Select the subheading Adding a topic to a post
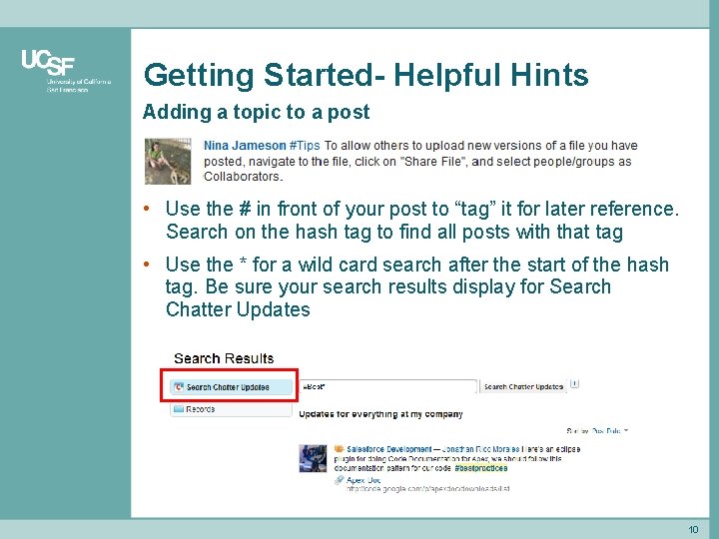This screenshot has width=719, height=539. click(256, 112)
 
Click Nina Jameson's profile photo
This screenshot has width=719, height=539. click(168, 161)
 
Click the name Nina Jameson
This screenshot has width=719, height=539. click(245, 146)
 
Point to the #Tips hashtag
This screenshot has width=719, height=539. click(305, 146)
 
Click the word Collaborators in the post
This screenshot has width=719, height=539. click(243, 177)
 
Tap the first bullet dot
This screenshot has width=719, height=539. click(147, 209)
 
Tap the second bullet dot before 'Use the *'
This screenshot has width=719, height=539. click(147, 265)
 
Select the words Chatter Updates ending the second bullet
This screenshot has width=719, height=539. click(238, 309)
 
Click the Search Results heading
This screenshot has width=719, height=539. click(224, 358)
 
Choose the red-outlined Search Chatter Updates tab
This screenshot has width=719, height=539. click(230, 387)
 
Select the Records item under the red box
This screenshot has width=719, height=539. click(200, 409)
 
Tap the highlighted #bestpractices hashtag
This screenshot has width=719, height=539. click(480, 468)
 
